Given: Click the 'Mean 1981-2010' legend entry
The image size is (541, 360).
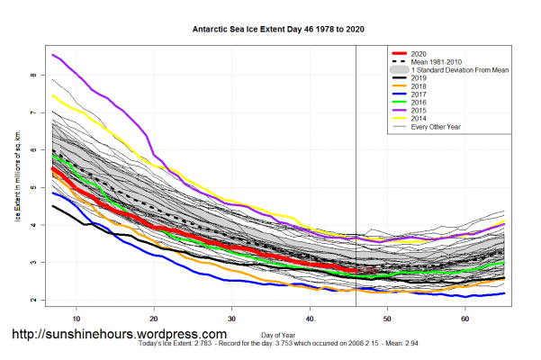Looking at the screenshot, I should click(440, 61).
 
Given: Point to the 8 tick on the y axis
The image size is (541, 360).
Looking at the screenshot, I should click(35, 76).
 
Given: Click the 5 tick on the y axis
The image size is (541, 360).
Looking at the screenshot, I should click(35, 188).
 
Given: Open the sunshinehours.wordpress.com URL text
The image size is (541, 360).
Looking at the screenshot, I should click(119, 334).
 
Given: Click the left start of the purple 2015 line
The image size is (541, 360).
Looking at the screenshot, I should click(54, 55).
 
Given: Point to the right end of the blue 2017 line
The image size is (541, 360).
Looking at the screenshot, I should click(503, 293).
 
